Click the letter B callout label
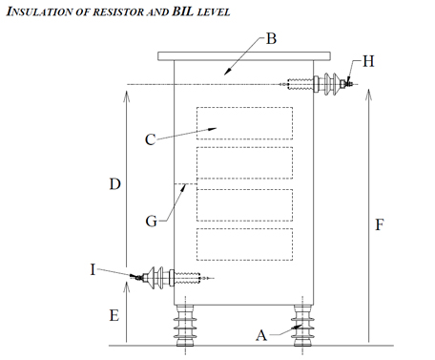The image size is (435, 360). point(271,40)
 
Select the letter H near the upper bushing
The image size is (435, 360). point(368,61)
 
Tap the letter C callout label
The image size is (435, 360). point(151,139)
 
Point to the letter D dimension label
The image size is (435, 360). point(114,183)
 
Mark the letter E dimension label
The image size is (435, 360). point(114,313)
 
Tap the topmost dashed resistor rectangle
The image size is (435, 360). point(244,123)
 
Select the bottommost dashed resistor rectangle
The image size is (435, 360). point(244,244)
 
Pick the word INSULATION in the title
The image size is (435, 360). point(39,11)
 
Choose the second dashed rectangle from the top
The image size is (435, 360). point(244,162)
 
